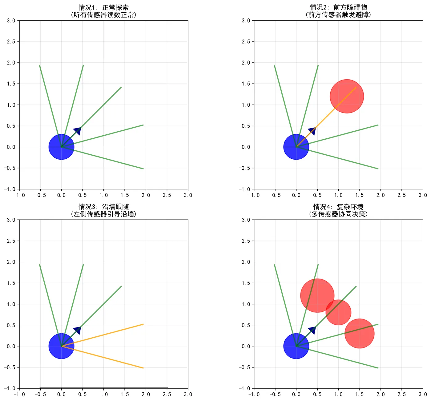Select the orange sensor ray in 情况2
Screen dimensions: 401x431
point(326,117)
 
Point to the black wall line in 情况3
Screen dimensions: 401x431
point(103,388)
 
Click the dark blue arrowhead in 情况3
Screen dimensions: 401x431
point(78,330)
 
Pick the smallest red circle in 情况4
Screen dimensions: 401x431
point(338,312)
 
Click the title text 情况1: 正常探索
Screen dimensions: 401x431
point(103,7)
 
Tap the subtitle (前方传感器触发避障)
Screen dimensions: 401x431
point(338,15)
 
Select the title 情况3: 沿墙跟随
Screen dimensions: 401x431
point(103,207)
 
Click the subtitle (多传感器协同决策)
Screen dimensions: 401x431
point(338,214)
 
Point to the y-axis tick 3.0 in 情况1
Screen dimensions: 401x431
point(11,21)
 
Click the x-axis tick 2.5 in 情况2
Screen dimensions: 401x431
point(401,195)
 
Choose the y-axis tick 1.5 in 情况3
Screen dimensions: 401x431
point(11,283)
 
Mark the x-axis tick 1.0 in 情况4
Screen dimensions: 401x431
point(338,395)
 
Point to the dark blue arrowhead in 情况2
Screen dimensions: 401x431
point(312,131)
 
